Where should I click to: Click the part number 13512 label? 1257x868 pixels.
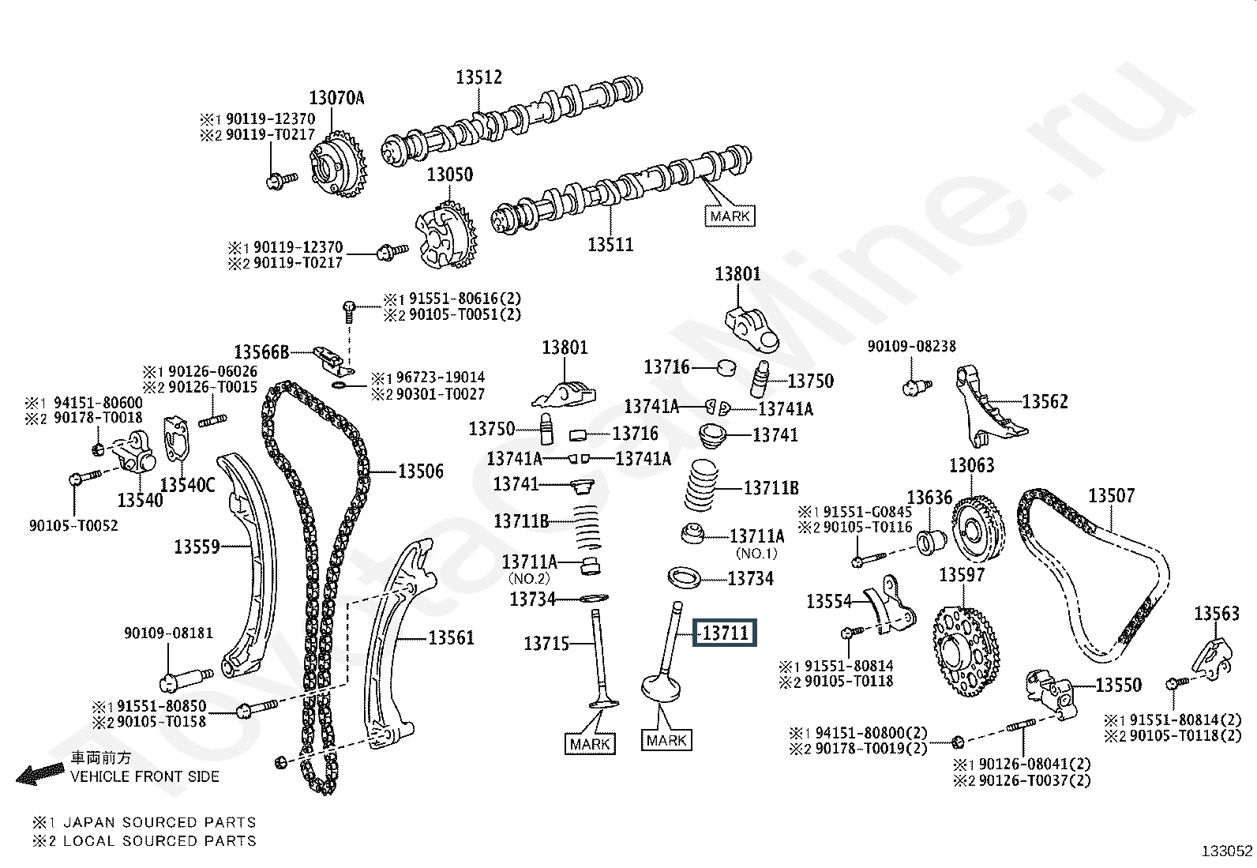[478, 77]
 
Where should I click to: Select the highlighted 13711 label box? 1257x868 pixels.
[725, 633]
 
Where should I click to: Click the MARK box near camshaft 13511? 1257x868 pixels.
[730, 216]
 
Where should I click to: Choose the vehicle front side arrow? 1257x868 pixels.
[39, 774]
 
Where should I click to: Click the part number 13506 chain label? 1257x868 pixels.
[420, 472]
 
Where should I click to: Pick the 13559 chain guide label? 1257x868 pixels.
[197, 546]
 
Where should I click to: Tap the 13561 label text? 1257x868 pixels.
[451, 637]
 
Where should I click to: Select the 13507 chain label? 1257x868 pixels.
[1111, 495]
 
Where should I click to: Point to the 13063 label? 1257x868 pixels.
[971, 465]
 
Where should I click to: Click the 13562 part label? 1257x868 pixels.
[1045, 401]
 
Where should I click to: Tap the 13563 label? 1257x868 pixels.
[1216, 613]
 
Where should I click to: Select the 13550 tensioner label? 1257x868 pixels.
[1118, 685]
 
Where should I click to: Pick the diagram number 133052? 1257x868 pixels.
[1226, 851]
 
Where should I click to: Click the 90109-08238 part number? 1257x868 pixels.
[911, 346]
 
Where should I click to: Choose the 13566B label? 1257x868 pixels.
[261, 351]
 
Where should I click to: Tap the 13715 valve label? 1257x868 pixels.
[546, 644]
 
